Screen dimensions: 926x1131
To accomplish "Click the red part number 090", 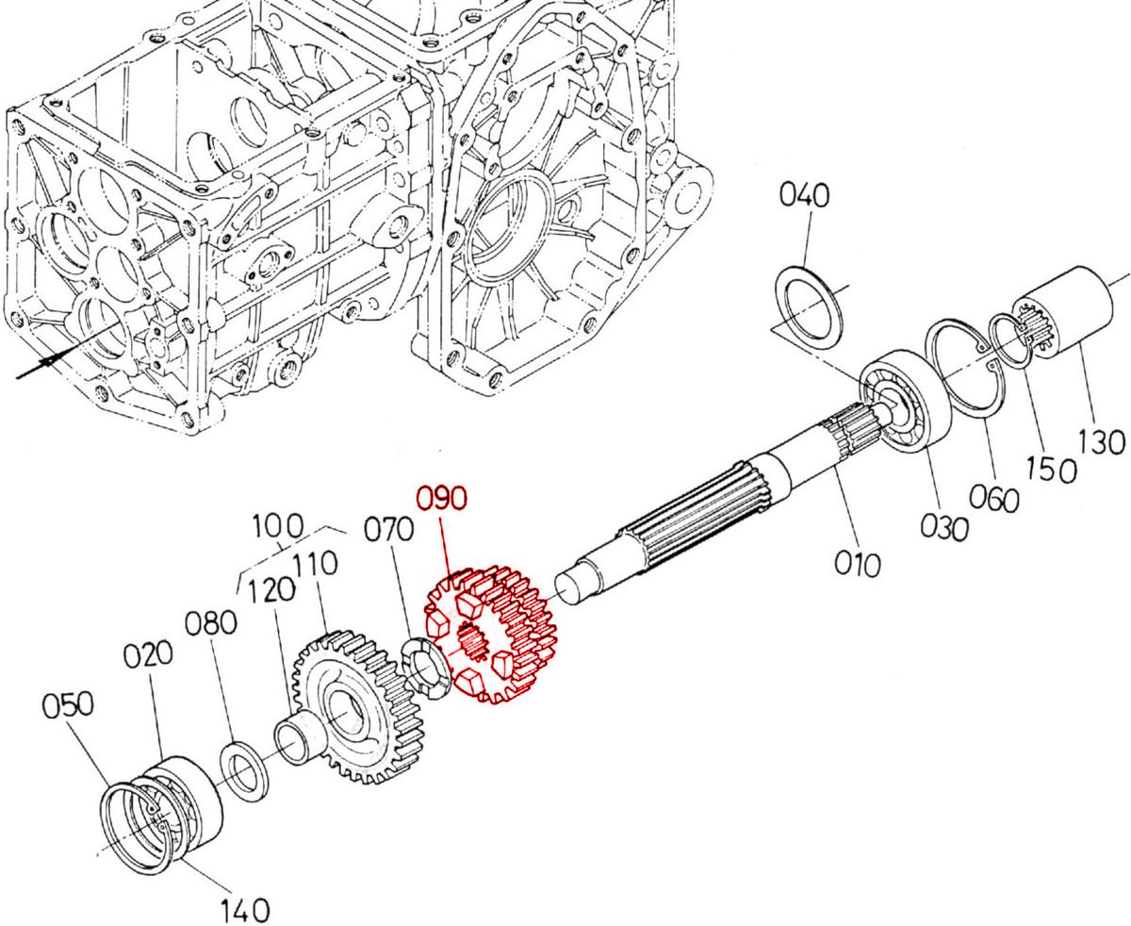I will pos(441,497).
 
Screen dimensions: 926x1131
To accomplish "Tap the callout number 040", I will pos(804,195).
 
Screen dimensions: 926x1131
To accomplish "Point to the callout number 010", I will pos(858,563).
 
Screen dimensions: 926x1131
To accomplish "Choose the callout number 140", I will pos(245,910).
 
